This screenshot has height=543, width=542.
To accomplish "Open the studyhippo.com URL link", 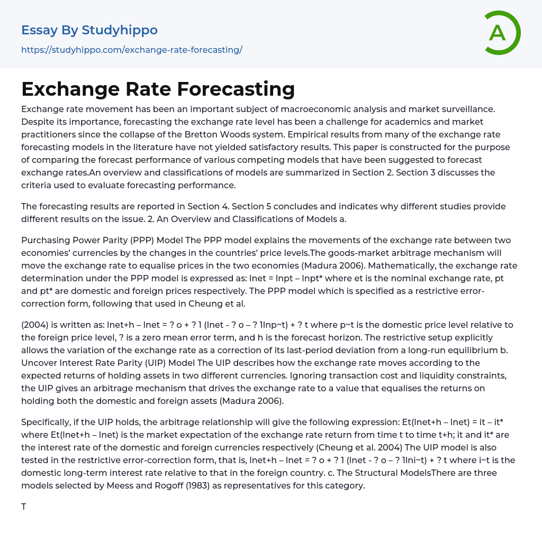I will click(x=131, y=50).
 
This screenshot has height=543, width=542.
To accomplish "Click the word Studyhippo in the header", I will click(x=120, y=30).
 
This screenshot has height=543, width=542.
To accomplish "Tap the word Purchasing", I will click(x=45, y=240).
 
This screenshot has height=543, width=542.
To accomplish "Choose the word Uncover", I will click(x=39, y=363).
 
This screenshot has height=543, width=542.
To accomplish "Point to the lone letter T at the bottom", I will click(x=24, y=507).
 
